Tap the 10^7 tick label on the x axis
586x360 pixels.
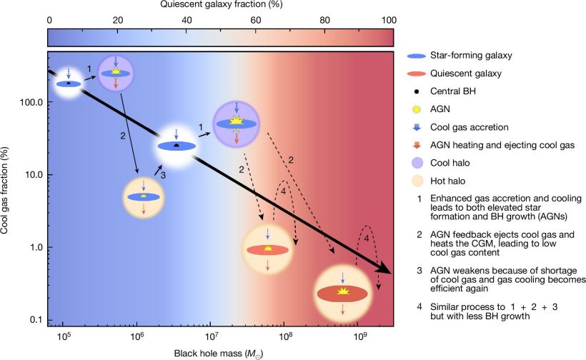point(210,336)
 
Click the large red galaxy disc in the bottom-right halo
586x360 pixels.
point(342,294)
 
